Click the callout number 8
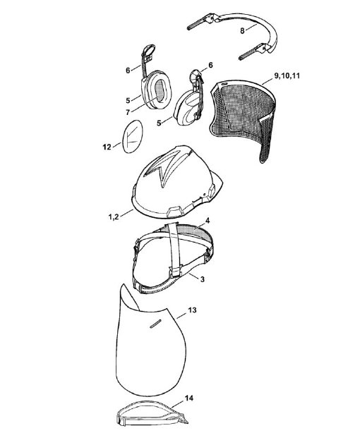click(x=242, y=31)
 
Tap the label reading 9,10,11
click(x=287, y=75)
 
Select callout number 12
click(x=107, y=147)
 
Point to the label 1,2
click(x=114, y=216)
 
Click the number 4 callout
click(x=208, y=221)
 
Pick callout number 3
click(x=203, y=279)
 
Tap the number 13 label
click(x=192, y=310)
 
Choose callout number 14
click(x=189, y=398)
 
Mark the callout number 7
click(x=128, y=112)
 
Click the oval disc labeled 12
click(x=133, y=136)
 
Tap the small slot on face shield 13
click(x=155, y=324)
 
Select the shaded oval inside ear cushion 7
click(x=159, y=90)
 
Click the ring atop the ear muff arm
click(x=148, y=51)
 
